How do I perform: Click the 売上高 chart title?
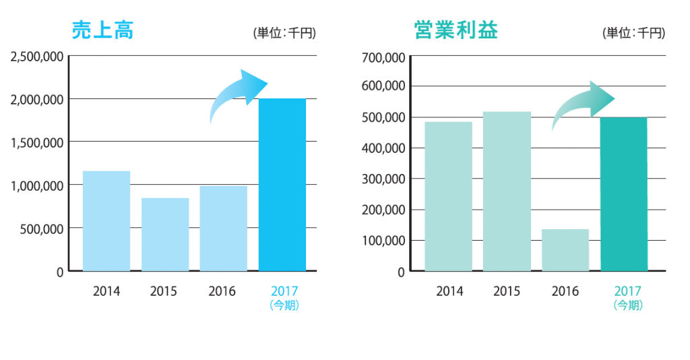point(102,30)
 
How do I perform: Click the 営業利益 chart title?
point(456,30)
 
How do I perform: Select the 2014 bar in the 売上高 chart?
point(106,221)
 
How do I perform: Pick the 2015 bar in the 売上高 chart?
point(165,235)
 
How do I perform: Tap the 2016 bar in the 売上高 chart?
point(224,229)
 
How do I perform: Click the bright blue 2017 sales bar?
point(282,185)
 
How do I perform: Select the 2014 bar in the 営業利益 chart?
point(448,196)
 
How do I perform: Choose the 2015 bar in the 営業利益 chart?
point(507,191)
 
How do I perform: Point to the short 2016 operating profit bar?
point(565,250)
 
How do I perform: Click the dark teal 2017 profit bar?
point(624,194)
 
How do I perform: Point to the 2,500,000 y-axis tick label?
point(37,57)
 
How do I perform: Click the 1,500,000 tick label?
point(37,143)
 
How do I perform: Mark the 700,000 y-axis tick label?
point(383,58)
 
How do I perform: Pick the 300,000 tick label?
point(383,179)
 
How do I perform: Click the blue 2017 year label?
point(284,291)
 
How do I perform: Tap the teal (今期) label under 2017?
point(628,305)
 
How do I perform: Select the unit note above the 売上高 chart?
point(284,33)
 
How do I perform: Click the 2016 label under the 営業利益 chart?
point(565,291)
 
